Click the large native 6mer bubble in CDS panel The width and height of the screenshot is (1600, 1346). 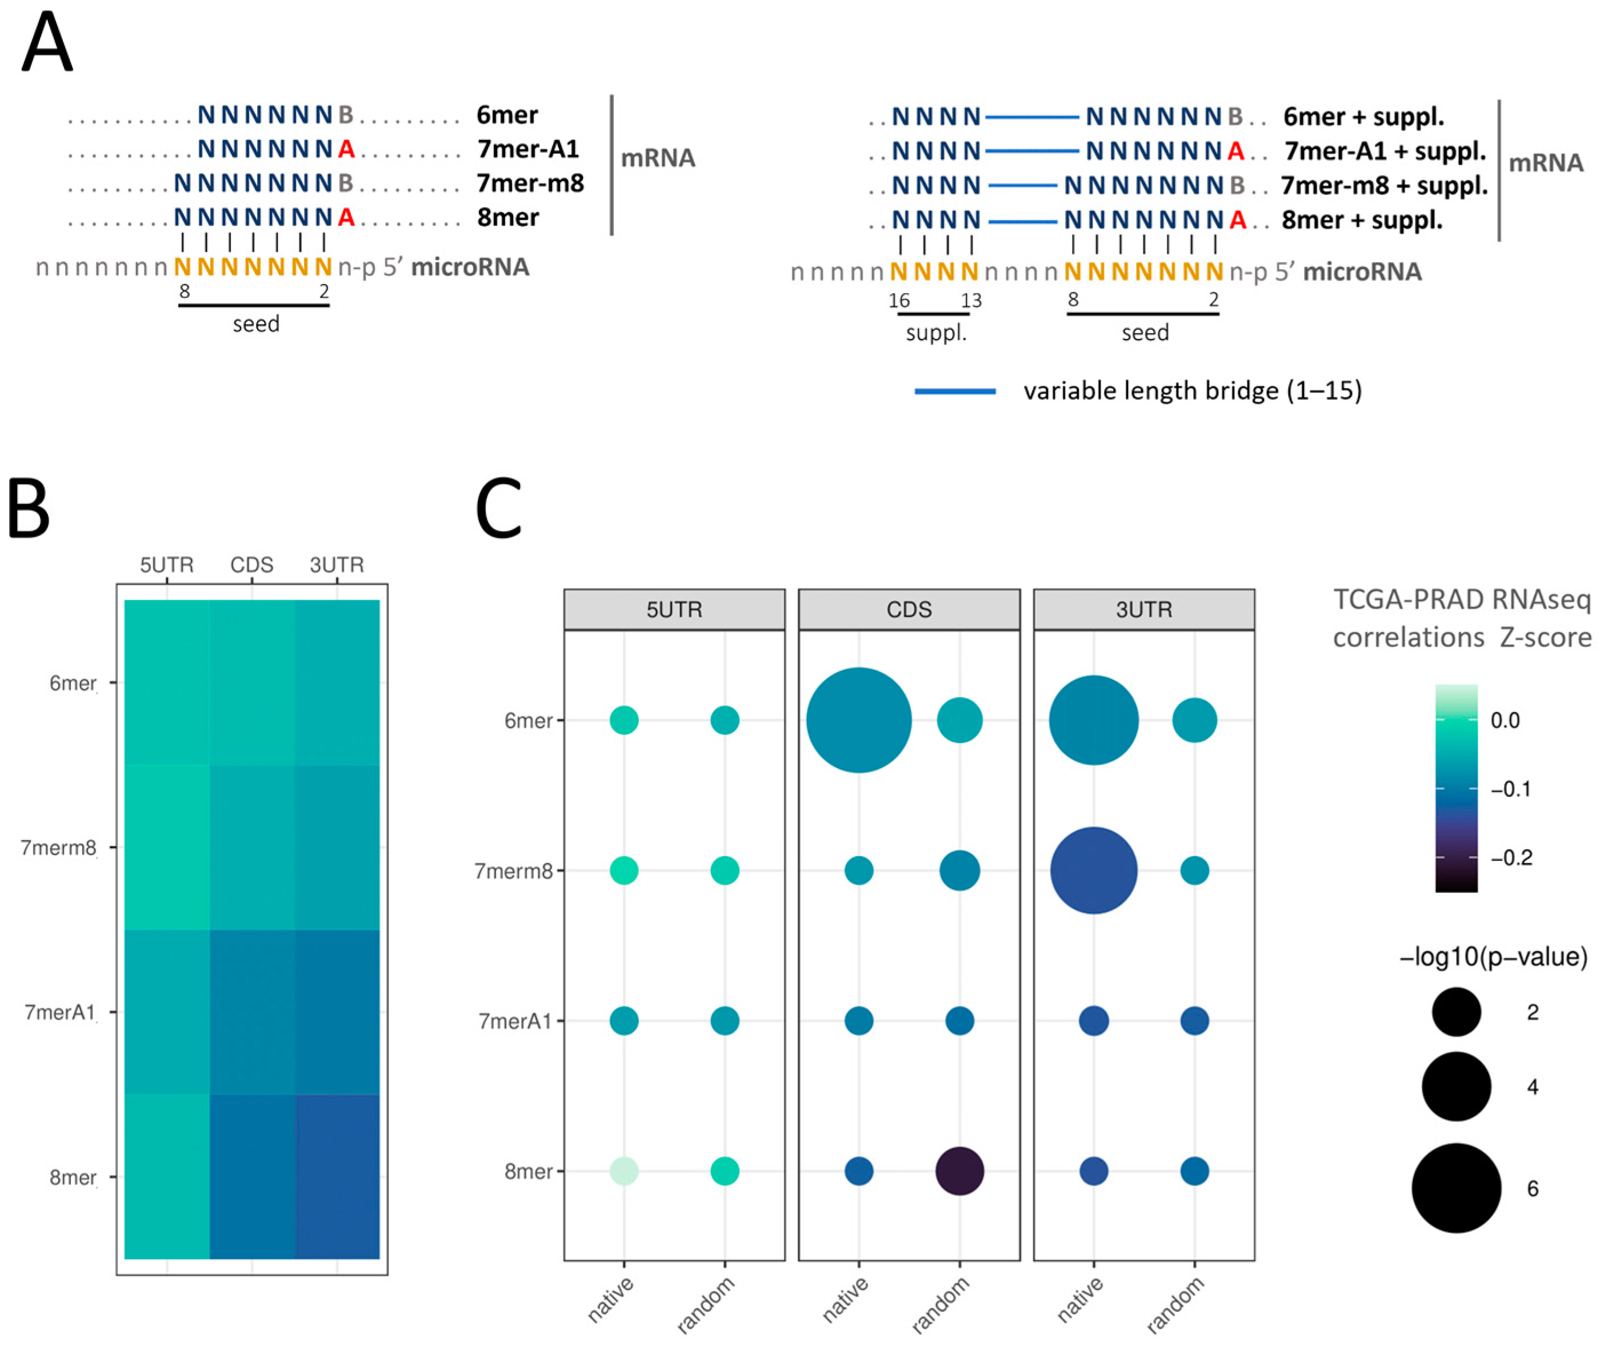point(858,720)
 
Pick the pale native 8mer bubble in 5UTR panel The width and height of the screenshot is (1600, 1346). point(623,1171)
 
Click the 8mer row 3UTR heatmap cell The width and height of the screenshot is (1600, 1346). point(337,1176)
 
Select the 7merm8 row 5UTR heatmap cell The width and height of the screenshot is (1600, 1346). point(167,847)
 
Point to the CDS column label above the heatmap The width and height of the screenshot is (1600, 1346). point(252,565)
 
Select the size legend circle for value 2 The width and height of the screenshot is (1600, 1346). point(1456,1012)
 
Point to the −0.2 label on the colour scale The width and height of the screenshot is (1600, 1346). point(1511,858)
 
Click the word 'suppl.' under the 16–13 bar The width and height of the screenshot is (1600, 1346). point(936,333)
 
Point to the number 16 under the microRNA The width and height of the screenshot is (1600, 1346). point(899,301)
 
